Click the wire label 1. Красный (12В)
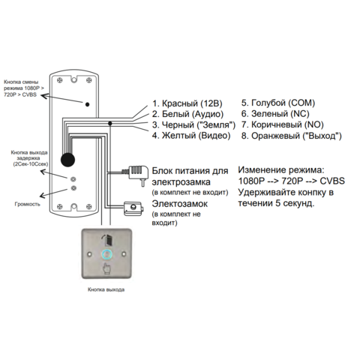(x=187, y=103)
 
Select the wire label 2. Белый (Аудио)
(x=187, y=114)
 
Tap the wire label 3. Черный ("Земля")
(x=193, y=124)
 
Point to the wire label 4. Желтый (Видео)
(x=191, y=136)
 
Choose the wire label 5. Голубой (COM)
(x=278, y=103)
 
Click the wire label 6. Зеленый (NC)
(x=275, y=114)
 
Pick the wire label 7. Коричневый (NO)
(x=283, y=124)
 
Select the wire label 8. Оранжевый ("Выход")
(x=291, y=136)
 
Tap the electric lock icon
(x=133, y=208)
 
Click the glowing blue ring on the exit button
(x=106, y=254)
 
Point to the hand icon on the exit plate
(x=106, y=269)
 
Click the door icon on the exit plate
(x=107, y=240)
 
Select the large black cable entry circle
(x=67, y=160)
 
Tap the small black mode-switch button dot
(x=87, y=104)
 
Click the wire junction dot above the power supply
(x=109, y=123)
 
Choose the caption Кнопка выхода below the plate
(x=106, y=289)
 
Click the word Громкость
(x=27, y=204)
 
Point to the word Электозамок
(x=180, y=204)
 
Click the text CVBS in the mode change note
(x=332, y=181)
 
